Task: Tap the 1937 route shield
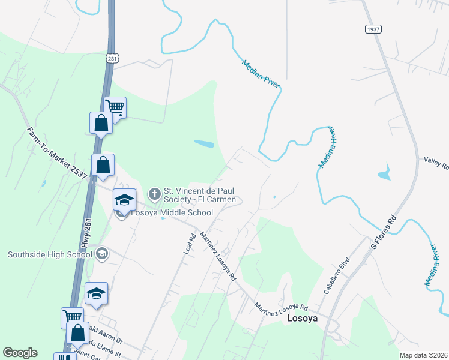(372, 29)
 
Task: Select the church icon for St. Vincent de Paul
(154, 194)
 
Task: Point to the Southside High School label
(50, 254)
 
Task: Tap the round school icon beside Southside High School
(101, 254)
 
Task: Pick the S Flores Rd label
(384, 232)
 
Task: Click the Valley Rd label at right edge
(437, 162)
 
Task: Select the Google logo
(20, 353)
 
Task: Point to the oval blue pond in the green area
(204, 144)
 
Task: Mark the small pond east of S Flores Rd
(384, 175)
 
